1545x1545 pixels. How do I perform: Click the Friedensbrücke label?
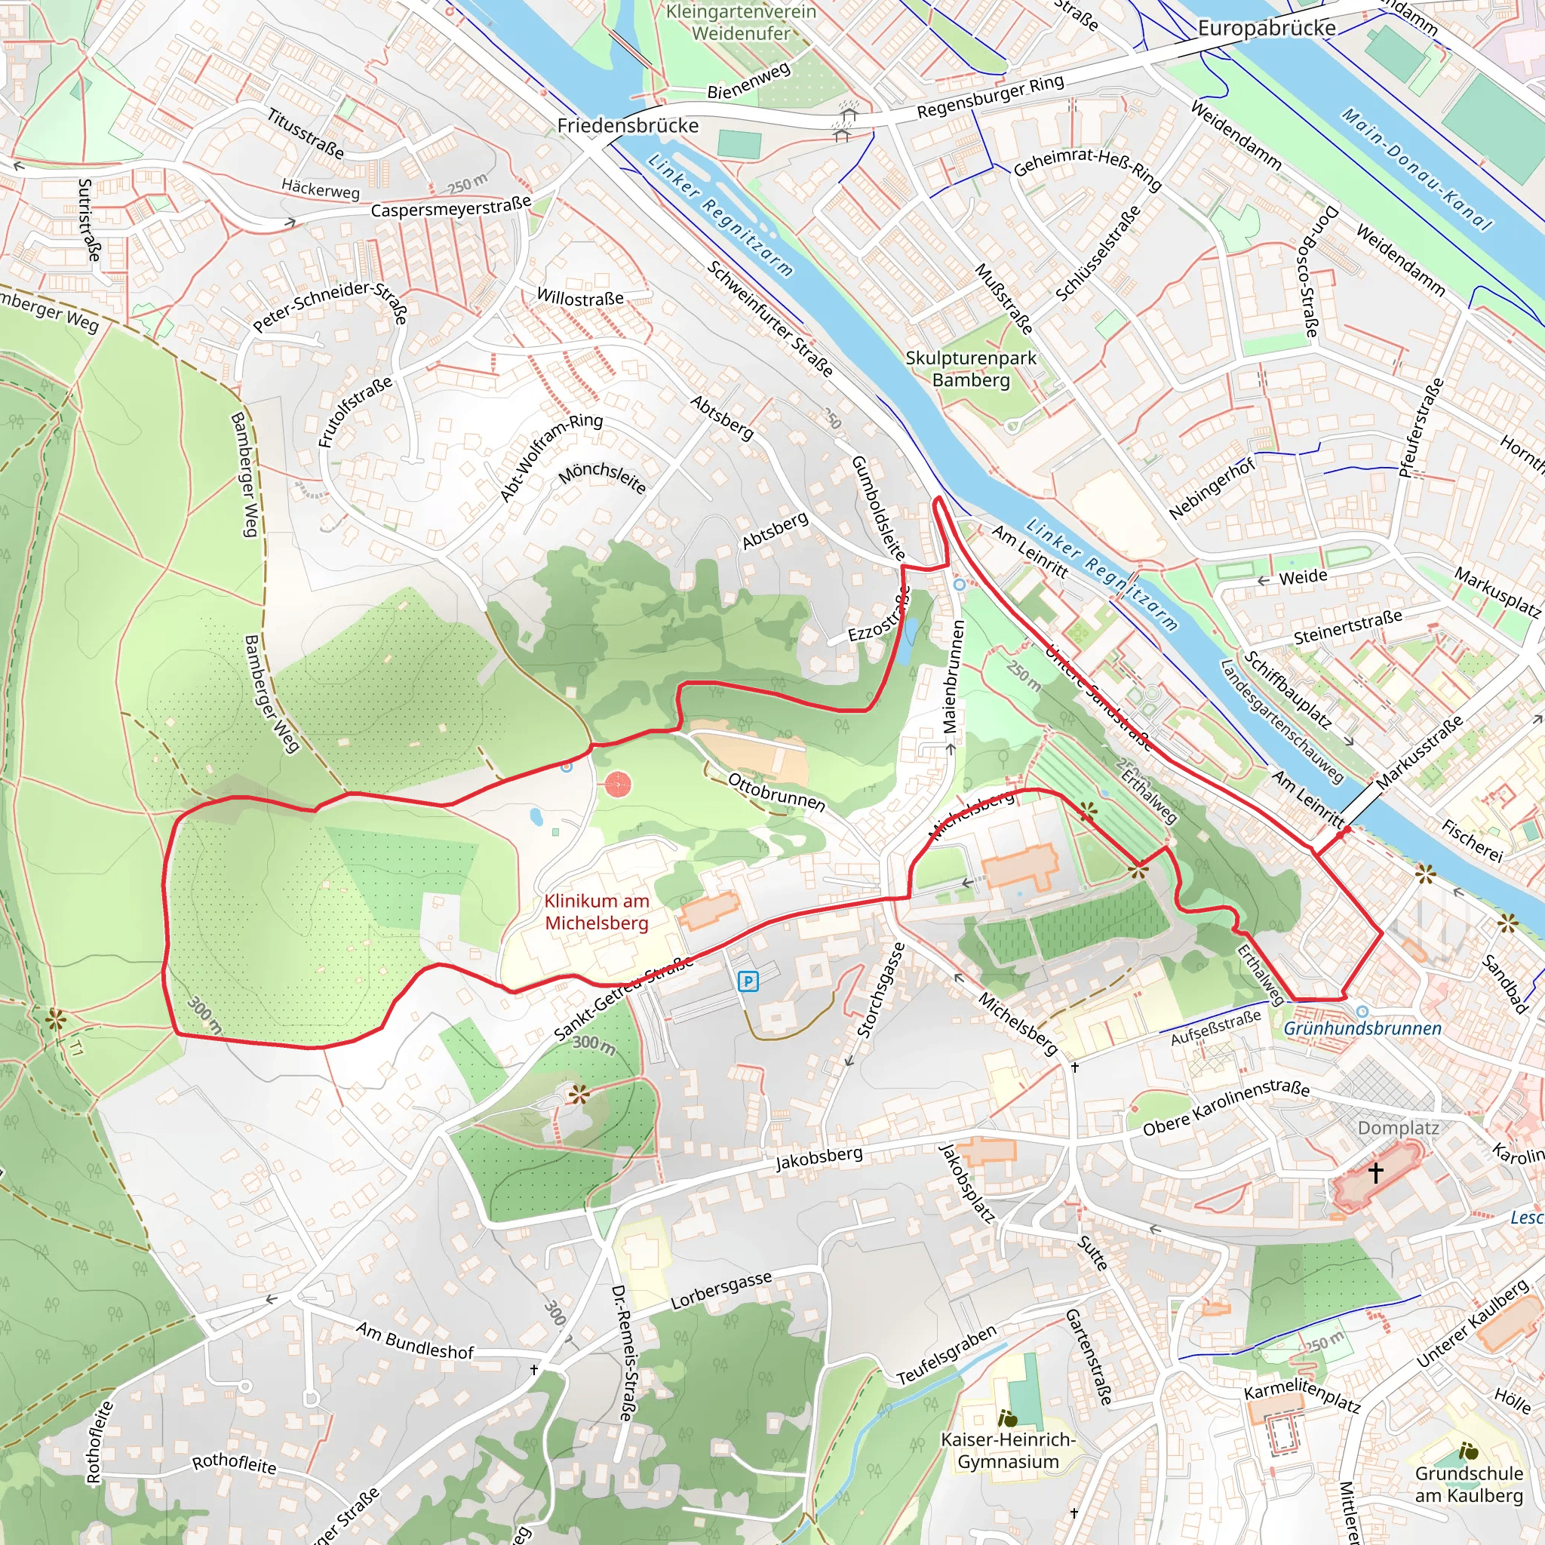coord(628,125)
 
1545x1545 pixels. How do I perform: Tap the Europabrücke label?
coord(1266,28)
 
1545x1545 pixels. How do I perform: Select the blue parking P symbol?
coord(748,981)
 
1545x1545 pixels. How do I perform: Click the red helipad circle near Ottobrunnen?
coord(617,785)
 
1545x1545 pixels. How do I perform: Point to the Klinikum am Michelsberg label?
coord(597,911)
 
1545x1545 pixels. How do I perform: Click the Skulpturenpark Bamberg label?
coord(971,369)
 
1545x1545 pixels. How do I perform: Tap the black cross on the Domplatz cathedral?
coord(1375,1173)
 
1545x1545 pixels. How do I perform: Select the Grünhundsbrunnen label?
coord(1362,1028)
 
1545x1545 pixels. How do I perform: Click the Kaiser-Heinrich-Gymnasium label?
coord(1008,1451)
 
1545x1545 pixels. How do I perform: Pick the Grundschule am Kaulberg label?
coord(1469,1484)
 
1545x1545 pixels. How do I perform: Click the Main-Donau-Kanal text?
coord(1415,170)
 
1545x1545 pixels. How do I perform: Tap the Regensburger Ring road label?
coord(990,97)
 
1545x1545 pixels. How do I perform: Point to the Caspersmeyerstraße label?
coord(451,206)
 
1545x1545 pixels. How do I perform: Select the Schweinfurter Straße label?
coord(770,318)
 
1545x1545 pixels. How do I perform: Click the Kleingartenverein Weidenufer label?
coord(741,23)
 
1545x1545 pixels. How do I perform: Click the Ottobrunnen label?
coord(776,791)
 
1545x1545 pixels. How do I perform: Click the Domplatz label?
coord(1398,1128)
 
